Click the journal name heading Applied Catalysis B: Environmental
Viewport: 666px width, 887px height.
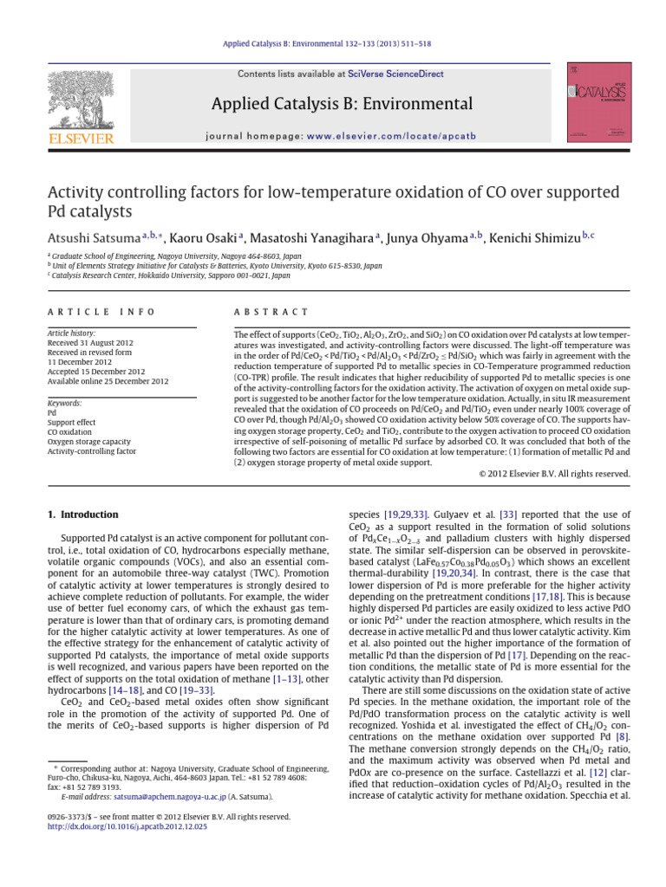point(343,105)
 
